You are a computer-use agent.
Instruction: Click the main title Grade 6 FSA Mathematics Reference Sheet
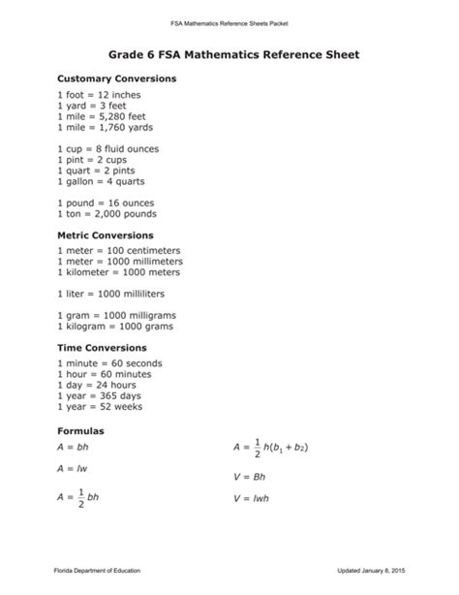(229, 55)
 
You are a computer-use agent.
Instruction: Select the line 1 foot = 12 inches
(99, 95)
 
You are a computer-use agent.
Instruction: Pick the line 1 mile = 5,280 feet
(102, 116)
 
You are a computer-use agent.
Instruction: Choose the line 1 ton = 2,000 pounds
(107, 213)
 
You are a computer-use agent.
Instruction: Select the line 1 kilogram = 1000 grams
(115, 327)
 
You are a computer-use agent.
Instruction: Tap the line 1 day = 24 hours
(98, 384)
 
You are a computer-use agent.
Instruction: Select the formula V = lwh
(252, 498)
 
